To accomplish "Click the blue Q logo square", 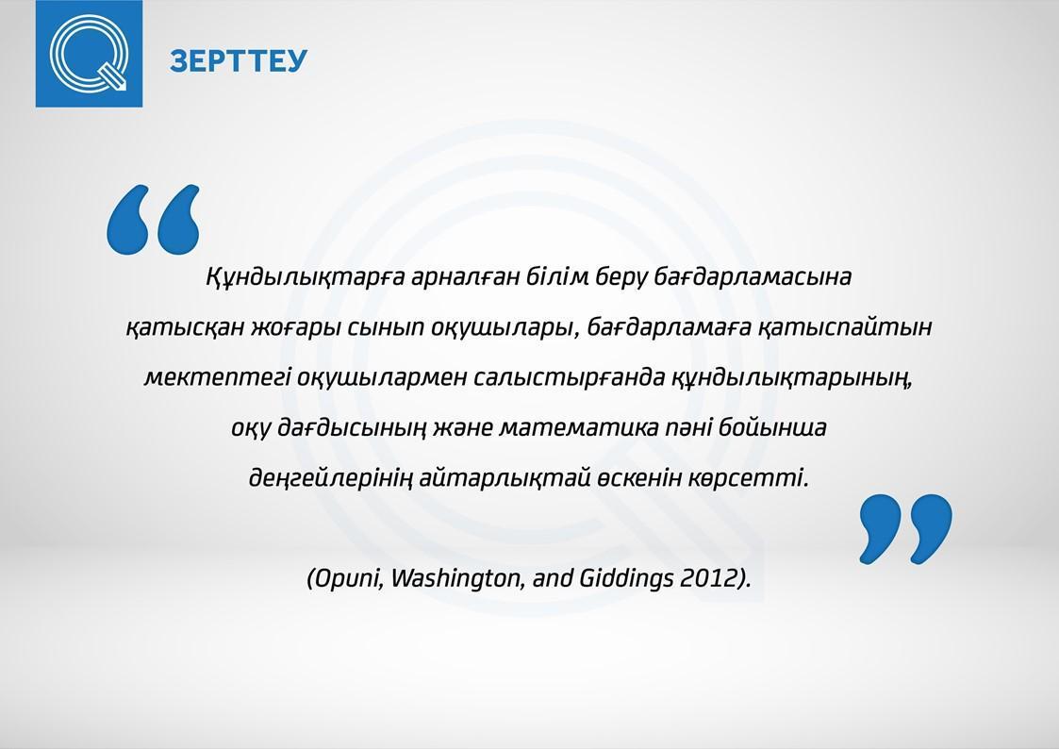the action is [90, 54].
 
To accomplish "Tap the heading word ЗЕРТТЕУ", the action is [239, 60].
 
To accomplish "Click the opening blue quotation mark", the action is [154, 220].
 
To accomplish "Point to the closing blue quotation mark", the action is [905, 529].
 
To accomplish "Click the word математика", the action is [579, 428].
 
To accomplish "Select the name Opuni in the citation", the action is [346, 579].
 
